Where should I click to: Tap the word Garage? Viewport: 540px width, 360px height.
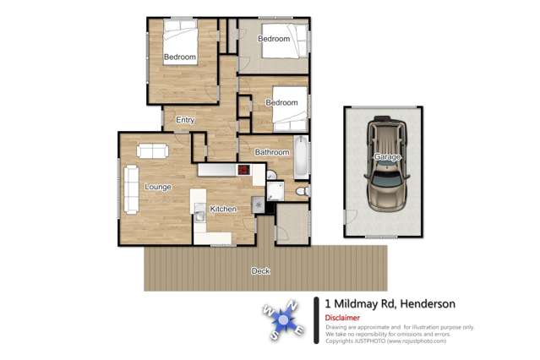388,157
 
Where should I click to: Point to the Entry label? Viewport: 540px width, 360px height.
185,120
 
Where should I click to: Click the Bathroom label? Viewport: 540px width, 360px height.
272,152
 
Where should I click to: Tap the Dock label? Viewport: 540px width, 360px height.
260,271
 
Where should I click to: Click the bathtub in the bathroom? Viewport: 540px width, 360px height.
301,157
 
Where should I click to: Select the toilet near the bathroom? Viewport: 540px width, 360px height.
303,193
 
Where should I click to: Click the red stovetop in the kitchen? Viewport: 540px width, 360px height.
243,170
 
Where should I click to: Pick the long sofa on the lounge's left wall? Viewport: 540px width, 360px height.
131,188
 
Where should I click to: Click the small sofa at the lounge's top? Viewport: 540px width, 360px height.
152,151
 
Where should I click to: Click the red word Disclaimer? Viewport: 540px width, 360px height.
342,318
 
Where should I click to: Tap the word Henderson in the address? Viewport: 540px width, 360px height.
428,303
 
